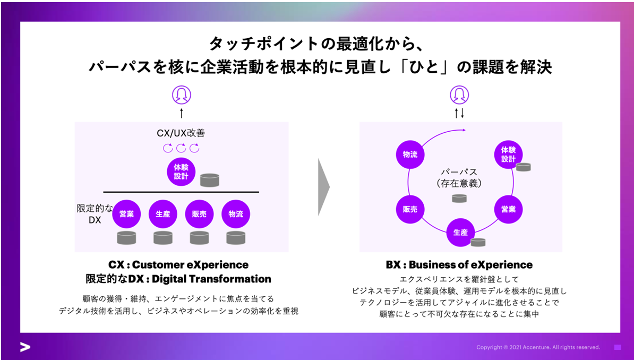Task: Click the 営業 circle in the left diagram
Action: tap(126, 214)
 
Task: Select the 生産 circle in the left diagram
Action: tap(162, 214)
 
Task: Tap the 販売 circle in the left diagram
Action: tap(199, 214)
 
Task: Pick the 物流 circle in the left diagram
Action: tap(235, 214)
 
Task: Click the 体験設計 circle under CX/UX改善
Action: tap(181, 172)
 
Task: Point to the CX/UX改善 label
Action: tap(181, 133)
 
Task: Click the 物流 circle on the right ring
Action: tap(410, 155)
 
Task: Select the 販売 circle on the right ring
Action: tap(410, 209)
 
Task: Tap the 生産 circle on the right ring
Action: tap(460, 233)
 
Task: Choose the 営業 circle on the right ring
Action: tap(508, 209)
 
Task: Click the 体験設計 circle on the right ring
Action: tap(508, 155)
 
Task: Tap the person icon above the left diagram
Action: tap(181, 95)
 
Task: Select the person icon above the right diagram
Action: tap(459, 95)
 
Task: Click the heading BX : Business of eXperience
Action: tap(459, 264)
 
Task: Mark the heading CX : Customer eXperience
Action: tap(178, 264)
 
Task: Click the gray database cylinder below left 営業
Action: tap(126, 238)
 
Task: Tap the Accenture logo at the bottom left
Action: tap(25, 347)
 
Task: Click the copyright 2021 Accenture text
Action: tap(538, 347)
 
